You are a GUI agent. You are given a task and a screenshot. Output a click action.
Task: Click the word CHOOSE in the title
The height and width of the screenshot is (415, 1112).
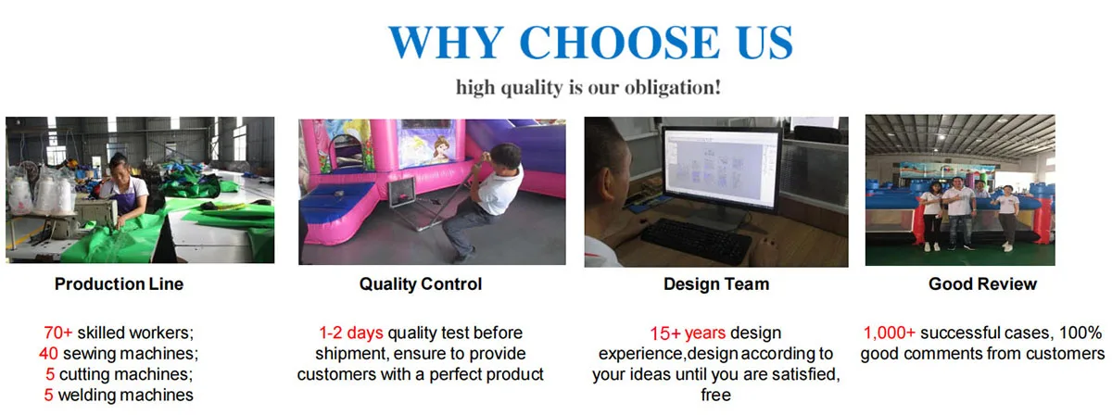click(x=619, y=43)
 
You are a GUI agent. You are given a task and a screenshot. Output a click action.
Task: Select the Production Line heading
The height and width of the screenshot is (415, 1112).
click(x=120, y=284)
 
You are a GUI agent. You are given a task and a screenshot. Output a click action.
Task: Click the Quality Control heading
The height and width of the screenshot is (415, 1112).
click(x=421, y=284)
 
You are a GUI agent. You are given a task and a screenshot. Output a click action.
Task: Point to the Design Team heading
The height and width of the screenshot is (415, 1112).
click(x=716, y=284)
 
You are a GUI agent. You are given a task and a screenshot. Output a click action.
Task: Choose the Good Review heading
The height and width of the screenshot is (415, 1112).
click(x=982, y=284)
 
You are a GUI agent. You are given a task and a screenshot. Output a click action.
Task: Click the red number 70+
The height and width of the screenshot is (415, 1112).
click(x=58, y=333)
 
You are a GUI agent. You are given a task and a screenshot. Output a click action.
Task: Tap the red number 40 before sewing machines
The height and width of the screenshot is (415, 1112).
click(x=48, y=354)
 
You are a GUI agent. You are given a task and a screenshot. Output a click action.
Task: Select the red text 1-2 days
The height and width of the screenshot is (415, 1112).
click(x=351, y=333)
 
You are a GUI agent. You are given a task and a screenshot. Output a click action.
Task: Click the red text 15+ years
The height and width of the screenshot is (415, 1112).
click(x=688, y=333)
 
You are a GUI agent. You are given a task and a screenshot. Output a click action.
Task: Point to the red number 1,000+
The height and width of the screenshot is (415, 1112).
click(x=889, y=333)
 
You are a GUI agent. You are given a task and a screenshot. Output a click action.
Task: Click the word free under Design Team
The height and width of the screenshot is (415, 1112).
click(x=715, y=395)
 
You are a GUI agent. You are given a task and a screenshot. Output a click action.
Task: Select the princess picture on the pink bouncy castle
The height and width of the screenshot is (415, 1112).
click(x=431, y=145)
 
